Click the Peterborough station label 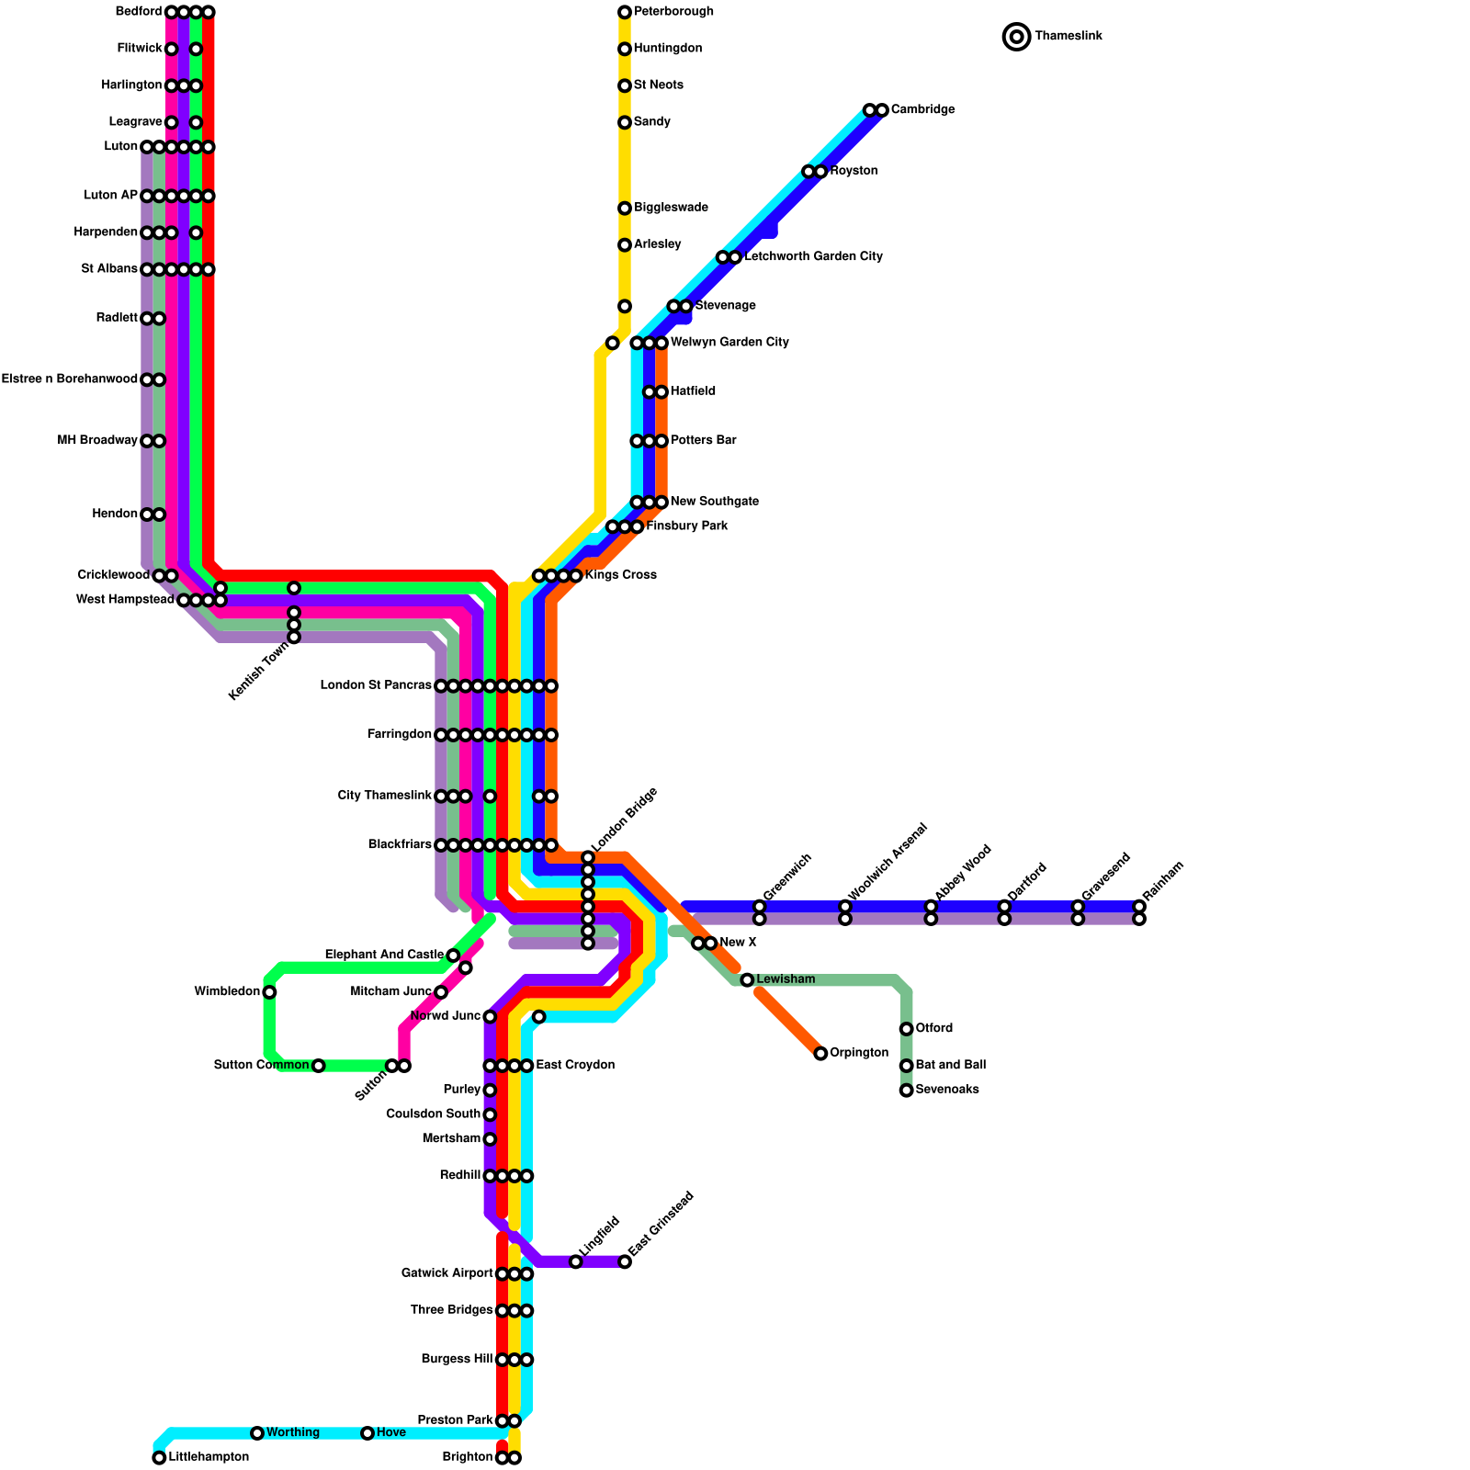[x=673, y=12]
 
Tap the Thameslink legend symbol [x=1016, y=37]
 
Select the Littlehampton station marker [x=159, y=1457]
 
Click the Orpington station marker [x=820, y=1053]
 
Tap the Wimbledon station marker [x=269, y=992]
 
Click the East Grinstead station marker [x=625, y=1261]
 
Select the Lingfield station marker [x=575, y=1261]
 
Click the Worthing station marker [x=257, y=1433]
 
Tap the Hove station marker [x=367, y=1433]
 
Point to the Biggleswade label [x=671, y=208]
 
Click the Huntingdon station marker [x=625, y=49]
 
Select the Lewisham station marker [x=747, y=980]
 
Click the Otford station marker [x=906, y=1029]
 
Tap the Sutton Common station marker [x=318, y=1066]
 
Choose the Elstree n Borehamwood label [x=70, y=379]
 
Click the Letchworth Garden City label [x=813, y=257]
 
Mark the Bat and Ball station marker [x=906, y=1066]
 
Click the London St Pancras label [x=376, y=686]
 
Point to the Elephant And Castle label [x=384, y=955]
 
